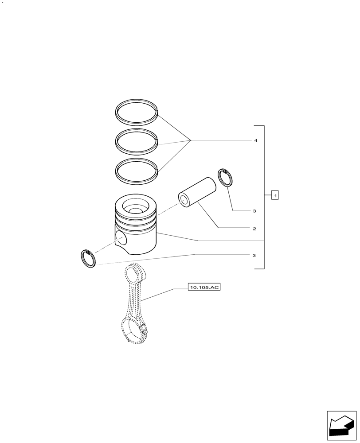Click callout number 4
coord(255,140)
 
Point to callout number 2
coord(254,229)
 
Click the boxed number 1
coord(275,194)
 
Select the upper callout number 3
coord(254,211)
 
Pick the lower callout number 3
coord(254,255)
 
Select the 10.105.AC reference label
coord(204,288)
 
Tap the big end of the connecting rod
coord(134,330)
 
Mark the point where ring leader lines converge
coord(191,140)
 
